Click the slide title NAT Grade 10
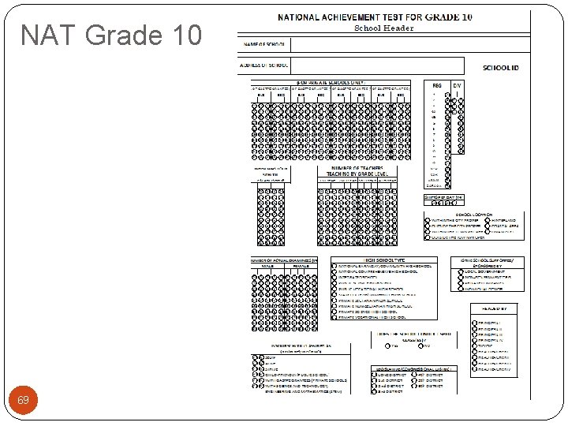[x=111, y=35]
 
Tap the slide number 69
[x=24, y=401]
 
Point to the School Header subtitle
[x=383, y=28]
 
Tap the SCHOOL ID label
[x=501, y=69]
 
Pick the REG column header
[x=437, y=85]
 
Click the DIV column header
[x=457, y=85]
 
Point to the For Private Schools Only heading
[x=331, y=82]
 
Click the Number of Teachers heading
[x=357, y=170]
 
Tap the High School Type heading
[x=384, y=260]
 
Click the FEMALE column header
[x=301, y=266]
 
